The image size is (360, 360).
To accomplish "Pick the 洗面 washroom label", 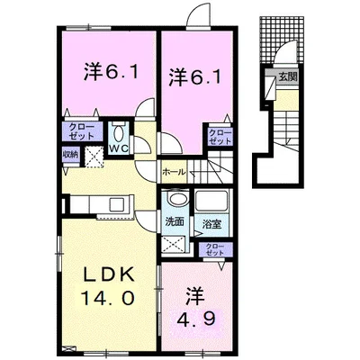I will (175, 220).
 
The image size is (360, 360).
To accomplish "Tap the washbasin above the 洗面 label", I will (177, 201).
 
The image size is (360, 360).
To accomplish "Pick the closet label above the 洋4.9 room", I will (214, 250).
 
